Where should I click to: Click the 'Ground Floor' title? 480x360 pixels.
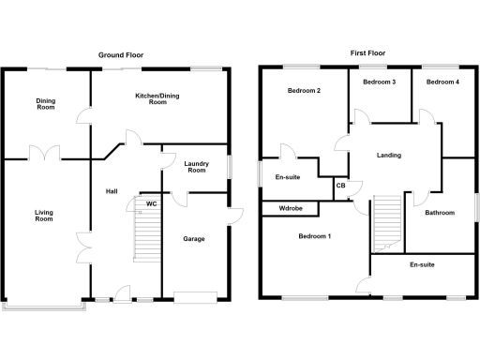tap(121, 55)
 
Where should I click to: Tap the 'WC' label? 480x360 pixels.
tap(151, 203)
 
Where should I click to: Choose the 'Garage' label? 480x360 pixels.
tap(193, 239)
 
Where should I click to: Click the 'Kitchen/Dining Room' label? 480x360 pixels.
tap(151, 98)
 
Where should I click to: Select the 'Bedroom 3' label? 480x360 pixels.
tap(380, 82)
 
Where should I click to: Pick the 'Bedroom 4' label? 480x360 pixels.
tap(442, 82)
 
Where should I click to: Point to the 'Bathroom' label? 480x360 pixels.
tap(439, 213)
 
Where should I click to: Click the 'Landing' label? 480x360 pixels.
tap(388, 156)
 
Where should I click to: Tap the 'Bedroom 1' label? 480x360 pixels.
tap(315, 236)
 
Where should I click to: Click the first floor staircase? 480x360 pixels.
tap(387, 222)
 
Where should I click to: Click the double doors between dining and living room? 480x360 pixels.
tap(44, 153)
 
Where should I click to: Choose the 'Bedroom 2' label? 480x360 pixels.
tap(306, 91)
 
